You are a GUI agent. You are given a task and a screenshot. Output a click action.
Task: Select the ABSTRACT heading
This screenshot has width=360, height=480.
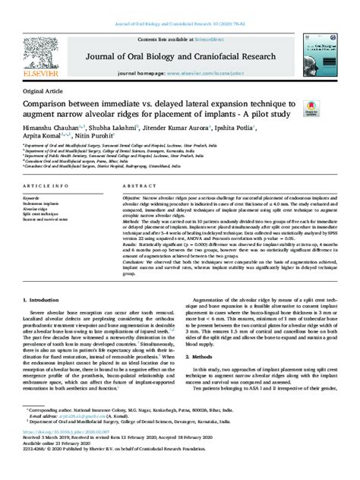tap(140, 185)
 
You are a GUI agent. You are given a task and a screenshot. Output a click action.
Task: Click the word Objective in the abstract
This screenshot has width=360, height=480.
tap(136, 196)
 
